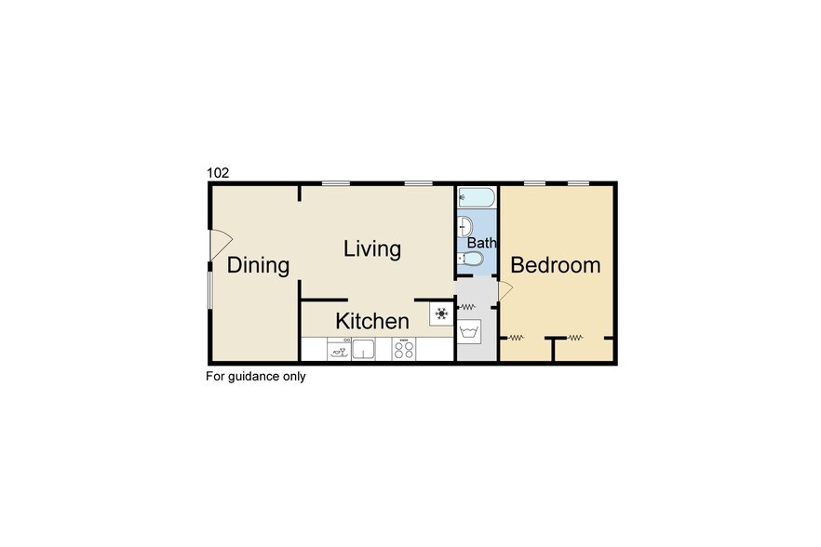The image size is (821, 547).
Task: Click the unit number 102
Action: point(217,173)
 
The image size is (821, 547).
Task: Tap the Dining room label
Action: point(259,266)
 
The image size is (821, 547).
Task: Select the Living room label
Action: point(372,249)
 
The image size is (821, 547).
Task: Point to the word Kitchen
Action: point(372,322)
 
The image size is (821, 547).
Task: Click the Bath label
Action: point(481,244)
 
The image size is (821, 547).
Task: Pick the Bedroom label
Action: point(556,266)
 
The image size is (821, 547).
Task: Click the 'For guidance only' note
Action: point(256,377)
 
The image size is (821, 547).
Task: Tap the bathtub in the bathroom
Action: point(477,197)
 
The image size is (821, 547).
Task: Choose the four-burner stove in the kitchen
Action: point(404,349)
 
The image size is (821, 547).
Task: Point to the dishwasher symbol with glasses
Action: point(339,349)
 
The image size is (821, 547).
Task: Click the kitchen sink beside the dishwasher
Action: point(363,349)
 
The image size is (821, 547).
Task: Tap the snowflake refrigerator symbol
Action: point(441,314)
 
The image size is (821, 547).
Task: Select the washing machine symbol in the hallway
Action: point(469,331)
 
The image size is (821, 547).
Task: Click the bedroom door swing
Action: point(505,291)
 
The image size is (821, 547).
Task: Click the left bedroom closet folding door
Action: point(515,337)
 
